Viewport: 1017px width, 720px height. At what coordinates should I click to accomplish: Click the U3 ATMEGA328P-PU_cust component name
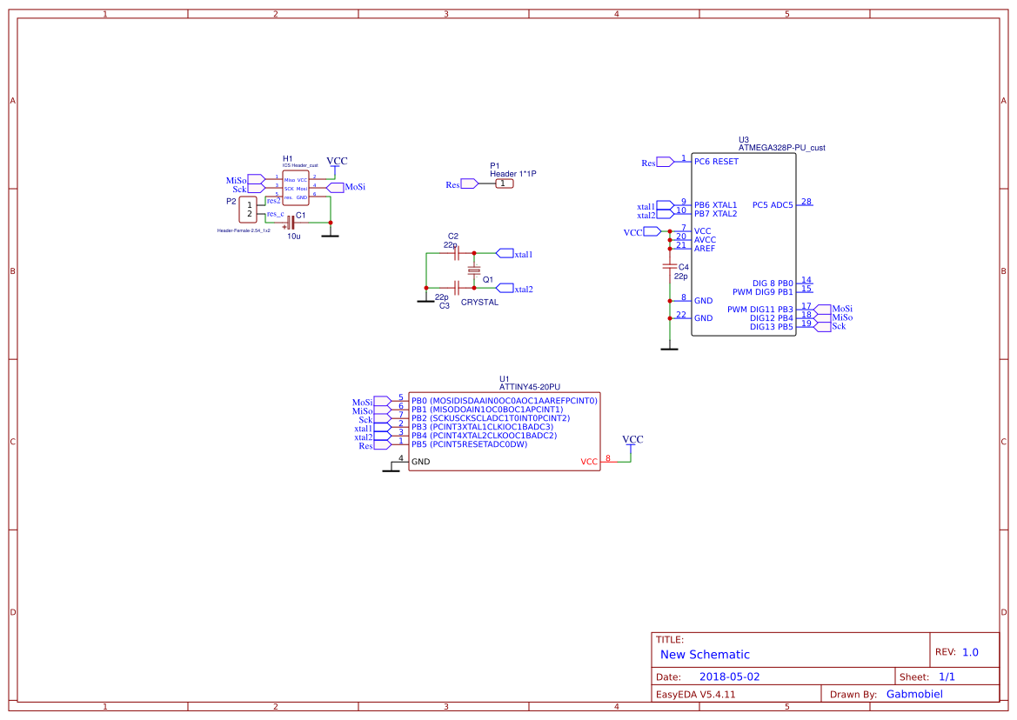pyautogui.click(x=781, y=148)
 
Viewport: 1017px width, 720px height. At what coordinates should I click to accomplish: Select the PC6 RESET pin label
pyautogui.click(x=716, y=162)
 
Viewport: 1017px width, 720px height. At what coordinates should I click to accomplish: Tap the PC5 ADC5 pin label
pyautogui.click(x=773, y=205)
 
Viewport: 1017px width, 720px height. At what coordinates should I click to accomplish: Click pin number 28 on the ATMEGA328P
pyautogui.click(x=806, y=202)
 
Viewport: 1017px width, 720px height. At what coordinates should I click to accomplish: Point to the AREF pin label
pyautogui.click(x=705, y=249)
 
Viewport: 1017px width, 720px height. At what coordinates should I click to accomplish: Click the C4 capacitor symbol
pyautogui.click(x=669, y=267)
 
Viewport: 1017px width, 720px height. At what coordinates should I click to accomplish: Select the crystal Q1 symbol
pyautogui.click(x=474, y=271)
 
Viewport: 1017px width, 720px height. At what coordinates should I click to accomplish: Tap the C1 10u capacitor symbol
pyautogui.click(x=290, y=223)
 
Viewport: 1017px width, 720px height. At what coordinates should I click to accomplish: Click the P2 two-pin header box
pyautogui.click(x=250, y=210)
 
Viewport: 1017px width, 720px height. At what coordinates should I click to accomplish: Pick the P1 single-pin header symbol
pyautogui.click(x=505, y=183)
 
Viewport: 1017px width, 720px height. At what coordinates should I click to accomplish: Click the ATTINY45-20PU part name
pyautogui.click(x=530, y=387)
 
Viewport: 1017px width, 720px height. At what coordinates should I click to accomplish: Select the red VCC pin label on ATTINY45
pyautogui.click(x=589, y=462)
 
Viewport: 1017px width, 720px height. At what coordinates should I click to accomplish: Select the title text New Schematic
pyautogui.click(x=705, y=654)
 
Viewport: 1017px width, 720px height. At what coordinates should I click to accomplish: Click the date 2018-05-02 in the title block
pyautogui.click(x=729, y=677)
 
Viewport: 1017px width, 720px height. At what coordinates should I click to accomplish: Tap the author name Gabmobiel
pyautogui.click(x=913, y=694)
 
